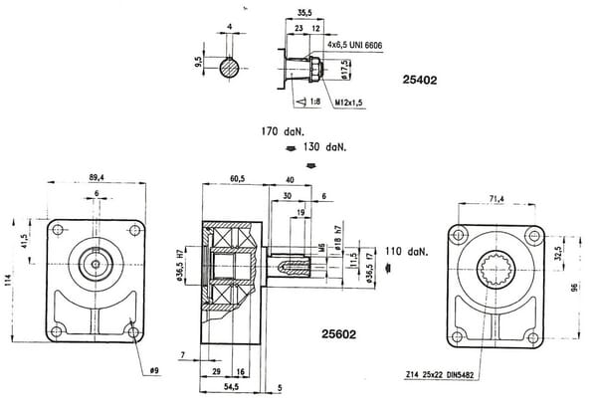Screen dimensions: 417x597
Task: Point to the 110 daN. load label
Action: tap(409, 252)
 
